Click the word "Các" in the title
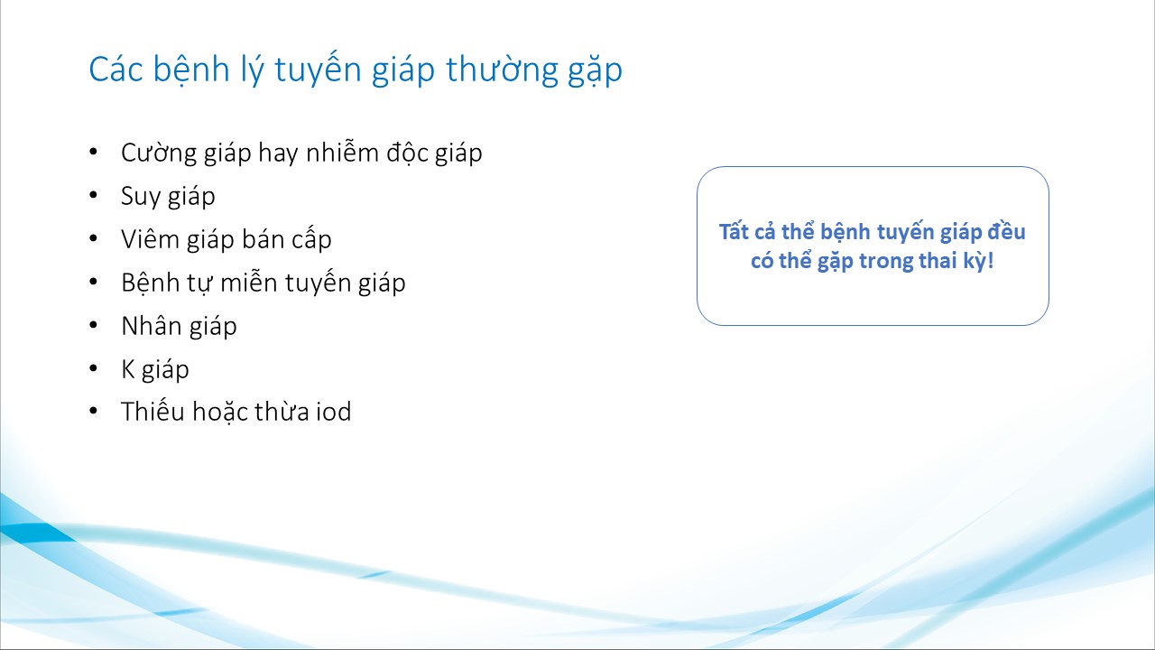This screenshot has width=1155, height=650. coord(115,70)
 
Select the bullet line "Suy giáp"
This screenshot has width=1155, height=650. coord(168,197)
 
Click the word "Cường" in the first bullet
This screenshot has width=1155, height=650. coord(160,153)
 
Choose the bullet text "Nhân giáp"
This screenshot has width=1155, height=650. coord(179,327)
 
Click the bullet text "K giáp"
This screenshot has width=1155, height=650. coord(155,370)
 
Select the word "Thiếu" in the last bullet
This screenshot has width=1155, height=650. coord(153,411)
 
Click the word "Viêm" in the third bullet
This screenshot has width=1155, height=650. coord(151,239)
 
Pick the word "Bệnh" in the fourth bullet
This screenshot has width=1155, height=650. coord(151,283)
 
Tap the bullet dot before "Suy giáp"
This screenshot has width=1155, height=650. coord(93,195)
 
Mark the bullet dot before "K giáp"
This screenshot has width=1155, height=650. coord(93,367)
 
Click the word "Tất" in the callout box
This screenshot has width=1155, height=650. coord(734,232)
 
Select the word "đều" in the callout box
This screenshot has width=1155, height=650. coord(1006,231)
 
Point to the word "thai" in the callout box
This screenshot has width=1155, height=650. coord(938,261)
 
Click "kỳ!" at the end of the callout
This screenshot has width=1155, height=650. coord(979,261)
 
